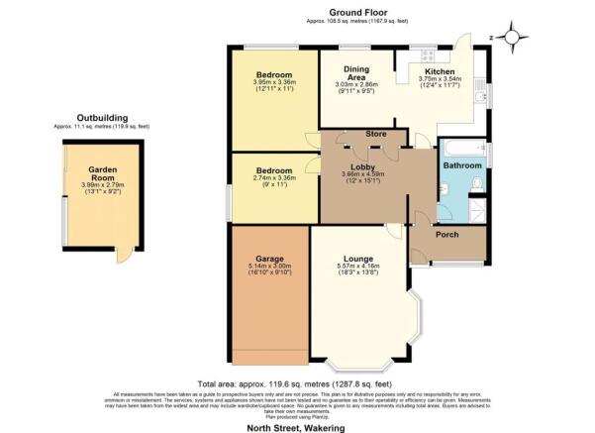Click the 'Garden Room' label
tap(102, 173)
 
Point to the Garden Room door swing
tap(123, 256)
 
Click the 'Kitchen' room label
tap(439, 72)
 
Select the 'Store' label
tap(374, 134)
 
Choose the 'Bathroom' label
tap(461, 165)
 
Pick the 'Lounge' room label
tap(358, 259)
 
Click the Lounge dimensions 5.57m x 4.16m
tap(358, 270)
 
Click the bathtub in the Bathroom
tap(460, 148)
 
